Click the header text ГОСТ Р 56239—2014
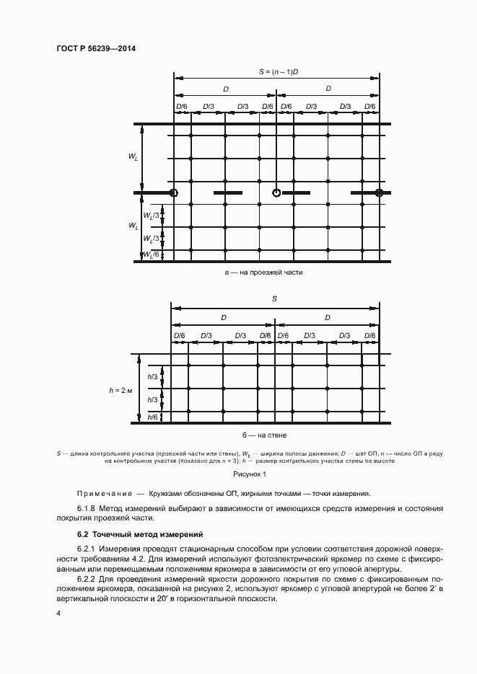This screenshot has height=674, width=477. [96, 48]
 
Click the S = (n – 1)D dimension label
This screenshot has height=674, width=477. [278, 73]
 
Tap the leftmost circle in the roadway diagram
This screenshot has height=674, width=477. [173, 192]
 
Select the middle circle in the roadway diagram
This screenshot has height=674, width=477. [276, 192]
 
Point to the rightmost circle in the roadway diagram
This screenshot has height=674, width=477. [379, 192]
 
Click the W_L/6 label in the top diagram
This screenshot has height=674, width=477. [151, 254]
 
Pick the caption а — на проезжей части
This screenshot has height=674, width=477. [263, 273]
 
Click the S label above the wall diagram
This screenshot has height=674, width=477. [274, 298]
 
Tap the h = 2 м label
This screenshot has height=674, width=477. [121, 390]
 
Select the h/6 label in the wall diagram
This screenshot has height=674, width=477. [152, 417]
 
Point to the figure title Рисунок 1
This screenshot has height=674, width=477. [250, 474]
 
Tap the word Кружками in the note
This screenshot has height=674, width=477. [166, 494]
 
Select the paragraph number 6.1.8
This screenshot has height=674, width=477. [89, 509]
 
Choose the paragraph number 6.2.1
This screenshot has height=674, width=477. [89, 549]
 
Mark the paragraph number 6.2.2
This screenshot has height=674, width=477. [89, 580]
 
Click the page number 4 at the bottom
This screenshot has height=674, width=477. [58, 613]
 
